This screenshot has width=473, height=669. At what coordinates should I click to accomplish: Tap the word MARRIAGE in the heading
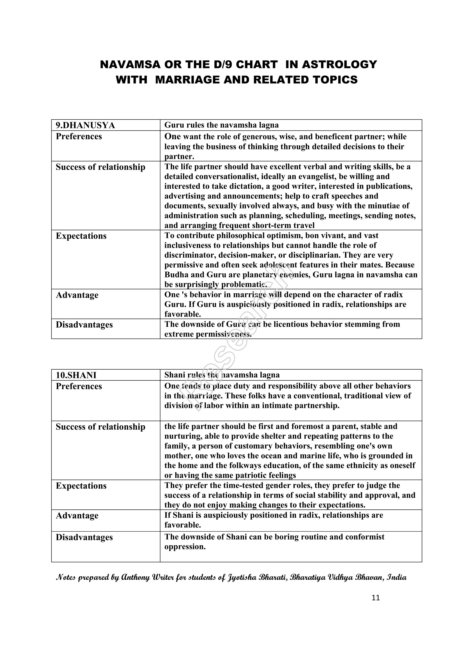pyautogui.click(x=188, y=80)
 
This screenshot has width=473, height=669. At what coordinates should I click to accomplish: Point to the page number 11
pyautogui.click(x=376, y=598)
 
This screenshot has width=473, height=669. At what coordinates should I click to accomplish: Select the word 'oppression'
pyautogui.click(x=185, y=547)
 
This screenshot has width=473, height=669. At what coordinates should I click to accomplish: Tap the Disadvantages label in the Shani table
pyautogui.click(x=84, y=537)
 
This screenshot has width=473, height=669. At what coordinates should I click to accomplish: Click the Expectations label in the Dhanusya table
pyautogui.click(x=81, y=236)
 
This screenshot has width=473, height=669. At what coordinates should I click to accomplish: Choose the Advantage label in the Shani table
pyautogui.click(x=77, y=515)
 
